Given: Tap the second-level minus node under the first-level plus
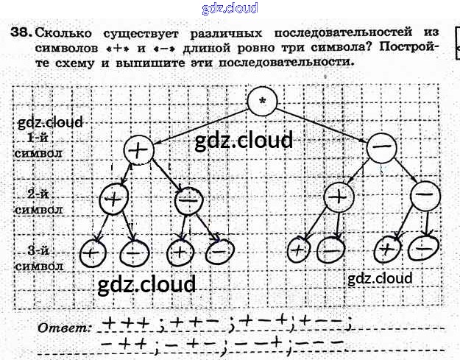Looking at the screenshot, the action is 189,199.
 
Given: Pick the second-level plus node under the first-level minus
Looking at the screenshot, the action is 339,198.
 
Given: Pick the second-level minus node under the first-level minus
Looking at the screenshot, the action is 425,196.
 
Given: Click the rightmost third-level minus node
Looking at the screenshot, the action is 422,248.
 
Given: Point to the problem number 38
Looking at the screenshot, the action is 21,32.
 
